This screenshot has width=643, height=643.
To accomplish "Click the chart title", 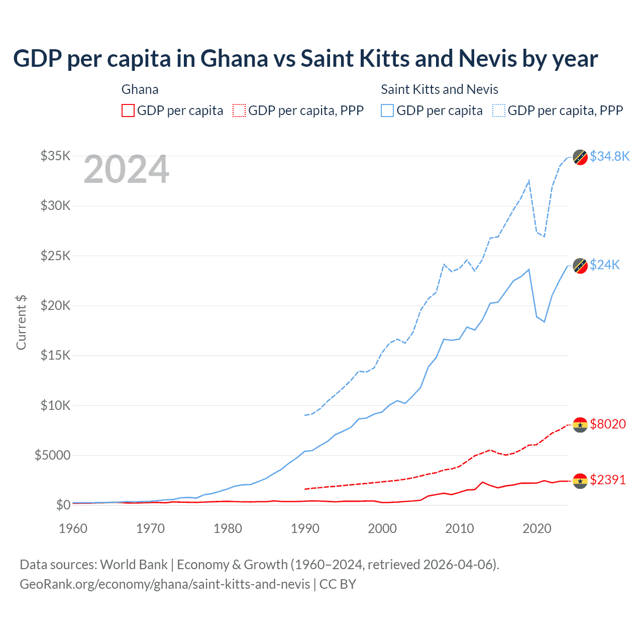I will [305, 59].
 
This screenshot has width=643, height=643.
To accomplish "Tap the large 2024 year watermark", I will [126, 170].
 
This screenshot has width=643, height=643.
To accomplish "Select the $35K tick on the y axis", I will [55, 156].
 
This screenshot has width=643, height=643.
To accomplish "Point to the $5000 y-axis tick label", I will [52, 455].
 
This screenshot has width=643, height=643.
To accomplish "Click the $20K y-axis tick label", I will [55, 305].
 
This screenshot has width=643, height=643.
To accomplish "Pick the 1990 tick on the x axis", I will [305, 528].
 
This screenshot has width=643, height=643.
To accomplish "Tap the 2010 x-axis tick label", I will [460, 528].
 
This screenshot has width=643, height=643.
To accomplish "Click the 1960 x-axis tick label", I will [73, 528].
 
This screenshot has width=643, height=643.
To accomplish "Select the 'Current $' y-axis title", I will [21, 323].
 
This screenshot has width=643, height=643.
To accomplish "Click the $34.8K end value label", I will [609, 156].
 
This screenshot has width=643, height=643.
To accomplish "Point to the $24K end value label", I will [605, 265].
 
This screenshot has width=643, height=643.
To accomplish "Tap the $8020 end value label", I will [608, 424].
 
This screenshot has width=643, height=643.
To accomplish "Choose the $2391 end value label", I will [608, 480].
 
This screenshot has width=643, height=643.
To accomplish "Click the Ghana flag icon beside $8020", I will [580, 425].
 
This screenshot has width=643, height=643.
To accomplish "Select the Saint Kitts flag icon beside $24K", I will [580, 266].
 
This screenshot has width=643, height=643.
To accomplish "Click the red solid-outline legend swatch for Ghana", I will [128, 111].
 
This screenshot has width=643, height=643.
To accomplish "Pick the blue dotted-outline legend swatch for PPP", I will [499, 111].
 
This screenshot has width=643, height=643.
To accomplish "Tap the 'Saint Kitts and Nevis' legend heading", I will [440, 89].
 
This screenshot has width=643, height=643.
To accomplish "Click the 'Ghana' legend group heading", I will [140, 89].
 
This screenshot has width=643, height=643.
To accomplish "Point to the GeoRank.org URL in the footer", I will [165, 584].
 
